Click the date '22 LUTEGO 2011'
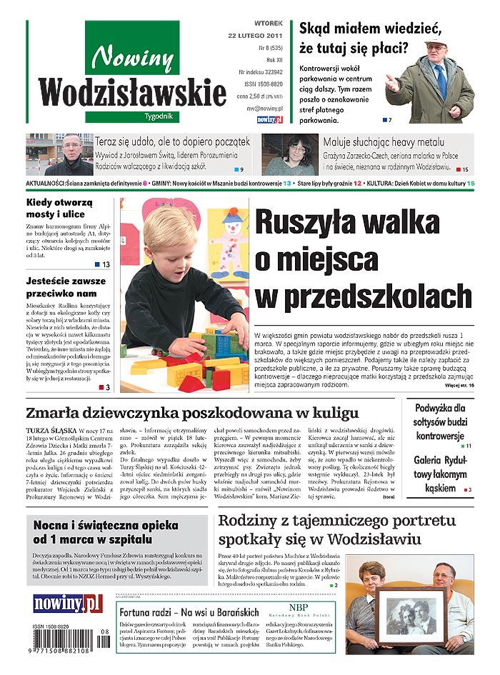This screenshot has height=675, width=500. [255, 35]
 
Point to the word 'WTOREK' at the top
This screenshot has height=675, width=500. [268, 23]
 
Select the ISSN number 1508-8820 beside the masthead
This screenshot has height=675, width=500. [262, 83]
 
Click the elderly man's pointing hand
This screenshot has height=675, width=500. [391, 83]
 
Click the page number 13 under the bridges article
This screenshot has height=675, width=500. [105, 265]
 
